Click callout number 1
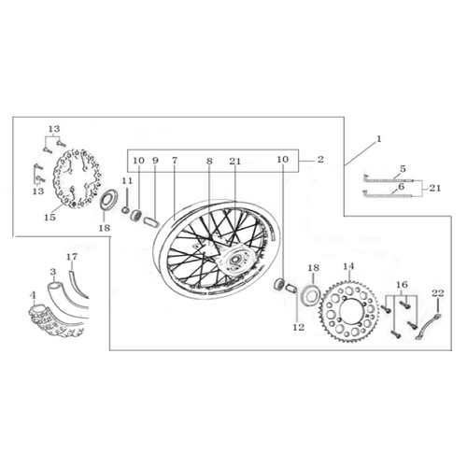tap(379, 139)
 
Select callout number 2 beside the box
tap(320, 160)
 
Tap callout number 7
tap(175, 161)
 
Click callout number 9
tap(155, 161)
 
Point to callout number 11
tap(127, 181)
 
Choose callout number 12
tap(298, 328)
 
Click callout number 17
tap(72, 257)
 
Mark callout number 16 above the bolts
tap(402, 284)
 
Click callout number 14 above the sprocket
tap(349, 266)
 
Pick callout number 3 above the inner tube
tap(53, 272)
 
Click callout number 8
tap(209, 161)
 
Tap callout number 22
tap(438, 293)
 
